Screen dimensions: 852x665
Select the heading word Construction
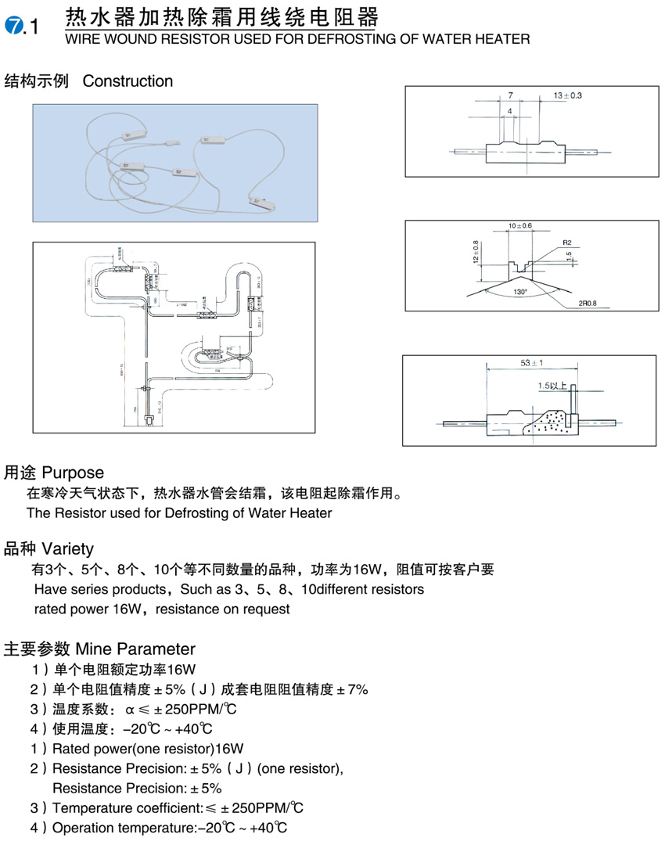tap(128, 81)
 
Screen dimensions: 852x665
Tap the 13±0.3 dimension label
tap(568, 95)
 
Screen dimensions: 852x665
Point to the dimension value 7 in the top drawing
tap(509, 95)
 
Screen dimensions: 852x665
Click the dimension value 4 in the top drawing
tap(509, 112)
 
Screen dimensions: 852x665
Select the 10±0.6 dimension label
tap(520, 226)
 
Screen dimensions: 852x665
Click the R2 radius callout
tap(566, 243)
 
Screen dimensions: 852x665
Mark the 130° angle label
tap(520, 291)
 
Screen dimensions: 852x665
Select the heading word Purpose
tap(73, 473)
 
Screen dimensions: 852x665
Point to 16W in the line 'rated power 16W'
tap(129, 609)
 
